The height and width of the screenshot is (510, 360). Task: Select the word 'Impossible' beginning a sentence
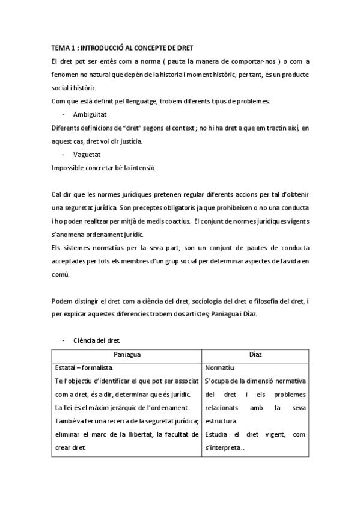(x=69, y=168)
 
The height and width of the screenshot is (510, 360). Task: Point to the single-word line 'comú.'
(x=61, y=275)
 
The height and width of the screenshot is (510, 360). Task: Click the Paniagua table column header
(x=127, y=355)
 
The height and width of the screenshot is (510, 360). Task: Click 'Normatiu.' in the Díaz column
(x=219, y=367)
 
